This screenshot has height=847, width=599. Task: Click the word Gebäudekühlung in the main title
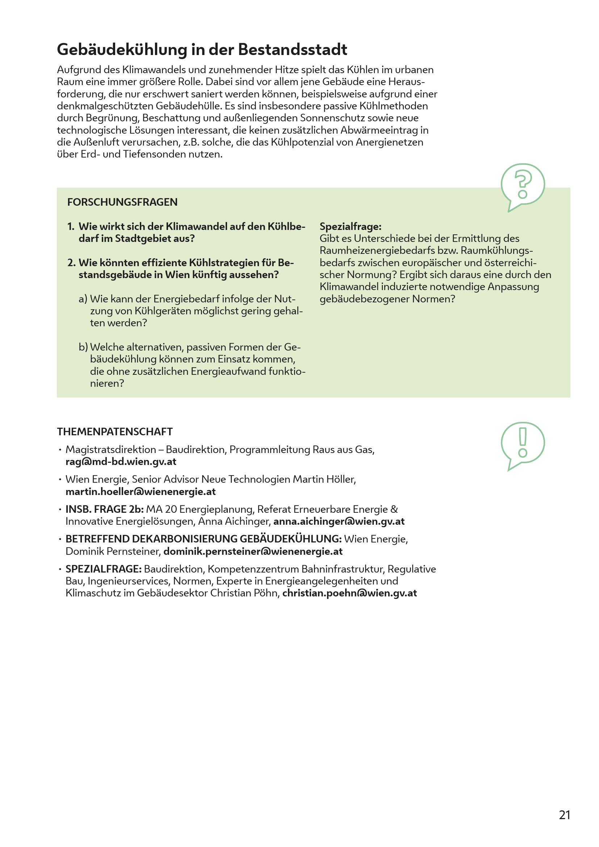click(x=122, y=50)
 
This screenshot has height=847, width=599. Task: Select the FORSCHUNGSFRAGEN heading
click(x=122, y=202)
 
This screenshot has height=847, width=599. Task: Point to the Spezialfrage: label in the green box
click(x=351, y=226)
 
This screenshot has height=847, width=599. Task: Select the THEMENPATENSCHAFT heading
click(x=115, y=432)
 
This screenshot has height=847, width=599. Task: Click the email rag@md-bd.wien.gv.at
click(x=121, y=462)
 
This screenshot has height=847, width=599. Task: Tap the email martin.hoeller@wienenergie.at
click(x=141, y=492)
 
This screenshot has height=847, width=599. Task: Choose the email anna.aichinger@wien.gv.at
click(x=339, y=521)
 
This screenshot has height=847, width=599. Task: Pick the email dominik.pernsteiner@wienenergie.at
click(x=253, y=552)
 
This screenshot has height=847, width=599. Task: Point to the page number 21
click(x=564, y=815)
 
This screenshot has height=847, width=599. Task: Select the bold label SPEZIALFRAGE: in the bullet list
click(x=104, y=569)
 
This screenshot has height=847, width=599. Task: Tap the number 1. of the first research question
click(x=71, y=226)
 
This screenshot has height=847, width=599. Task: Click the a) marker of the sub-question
click(x=83, y=299)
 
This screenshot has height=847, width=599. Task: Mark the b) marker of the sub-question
click(x=83, y=347)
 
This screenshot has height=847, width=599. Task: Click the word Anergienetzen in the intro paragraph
click(x=389, y=142)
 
